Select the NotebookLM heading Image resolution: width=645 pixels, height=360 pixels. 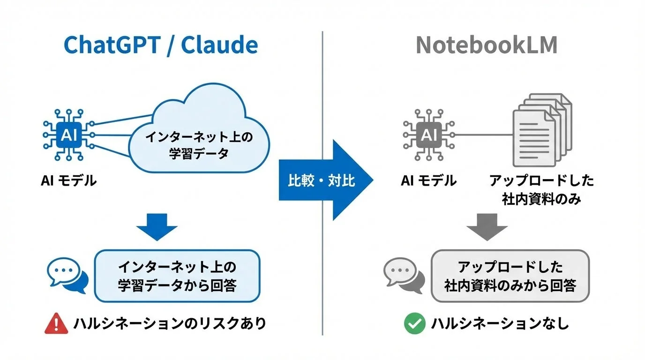click(x=486, y=45)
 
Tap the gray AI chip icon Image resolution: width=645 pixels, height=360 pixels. click(x=427, y=135)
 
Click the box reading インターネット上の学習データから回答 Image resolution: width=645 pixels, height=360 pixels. click(x=177, y=276)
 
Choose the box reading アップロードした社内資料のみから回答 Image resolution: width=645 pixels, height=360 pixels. click(x=510, y=276)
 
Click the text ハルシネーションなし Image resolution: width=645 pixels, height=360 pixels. click(x=500, y=324)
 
